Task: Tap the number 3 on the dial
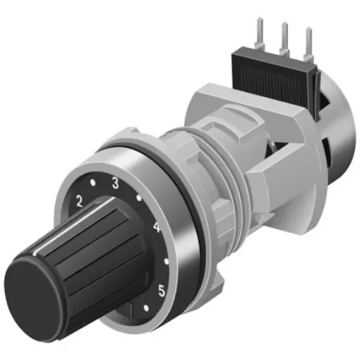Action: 114,183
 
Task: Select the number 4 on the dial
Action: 157,228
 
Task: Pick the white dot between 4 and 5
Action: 166,260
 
